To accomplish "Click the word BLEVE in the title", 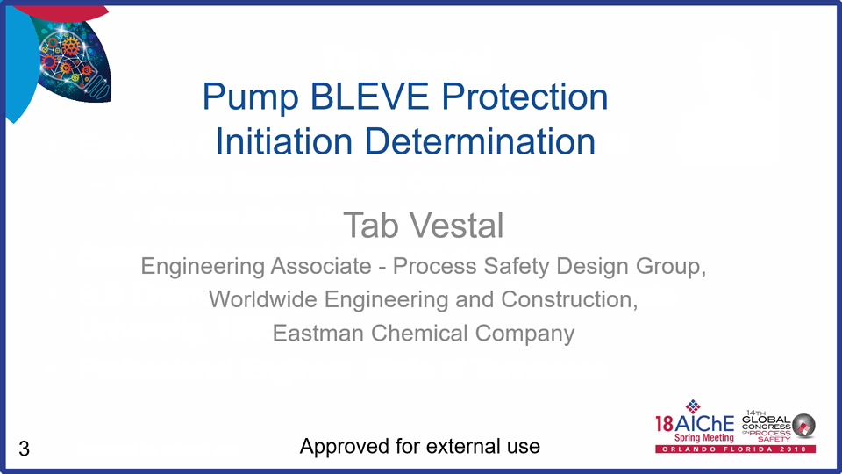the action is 370,97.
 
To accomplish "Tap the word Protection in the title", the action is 525,97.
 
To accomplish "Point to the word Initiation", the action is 283,141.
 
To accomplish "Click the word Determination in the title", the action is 480,141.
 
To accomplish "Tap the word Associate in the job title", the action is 321,266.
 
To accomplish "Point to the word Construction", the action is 569,300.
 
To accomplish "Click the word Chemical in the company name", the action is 419,334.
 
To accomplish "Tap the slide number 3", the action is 24,449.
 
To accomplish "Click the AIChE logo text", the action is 695,424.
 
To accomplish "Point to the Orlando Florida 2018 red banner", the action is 735,449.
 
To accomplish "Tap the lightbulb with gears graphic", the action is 74,61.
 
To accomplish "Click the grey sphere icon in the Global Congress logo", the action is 804,425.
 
